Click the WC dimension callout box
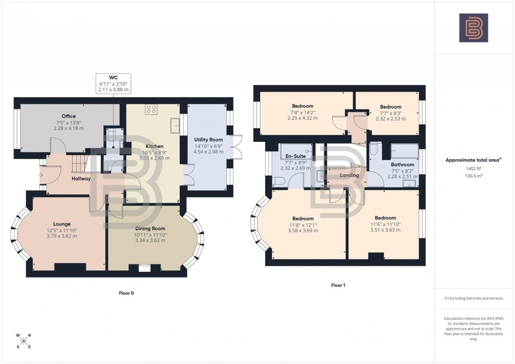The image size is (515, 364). [x=113, y=83]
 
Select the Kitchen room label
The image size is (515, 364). [x=154, y=146]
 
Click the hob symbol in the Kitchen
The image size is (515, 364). [x=152, y=109]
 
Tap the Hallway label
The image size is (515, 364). [x=81, y=178]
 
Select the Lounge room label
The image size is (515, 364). [x=62, y=224]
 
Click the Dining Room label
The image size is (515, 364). [x=151, y=229]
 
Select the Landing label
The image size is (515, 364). [x=349, y=175]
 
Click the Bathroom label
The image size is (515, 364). [x=402, y=165]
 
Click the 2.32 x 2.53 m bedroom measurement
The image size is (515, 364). [x=391, y=119]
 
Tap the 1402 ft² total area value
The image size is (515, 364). [x=473, y=168]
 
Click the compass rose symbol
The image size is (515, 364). [x=23, y=341]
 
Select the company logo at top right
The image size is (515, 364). [x=473, y=27]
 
